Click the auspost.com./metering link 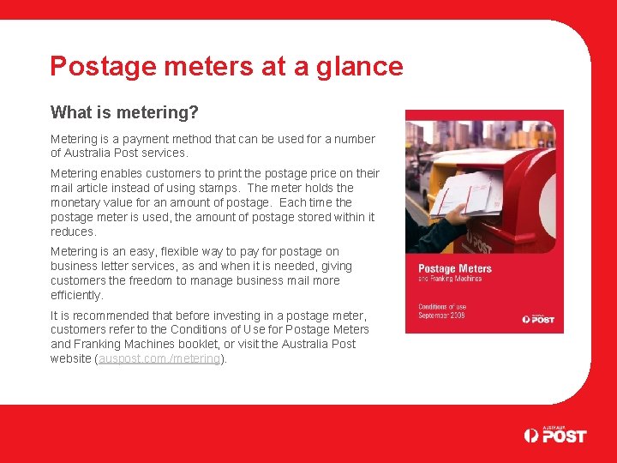pyautogui.click(x=159, y=358)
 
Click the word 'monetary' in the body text pyautogui.click(x=76, y=202)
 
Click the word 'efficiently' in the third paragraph pyautogui.click(x=75, y=295)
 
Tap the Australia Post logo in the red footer pyautogui.click(x=555, y=435)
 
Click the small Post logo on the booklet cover pyautogui.click(x=538, y=318)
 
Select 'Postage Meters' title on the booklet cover pyautogui.click(x=454, y=269)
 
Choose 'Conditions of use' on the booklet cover pyautogui.click(x=442, y=306)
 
